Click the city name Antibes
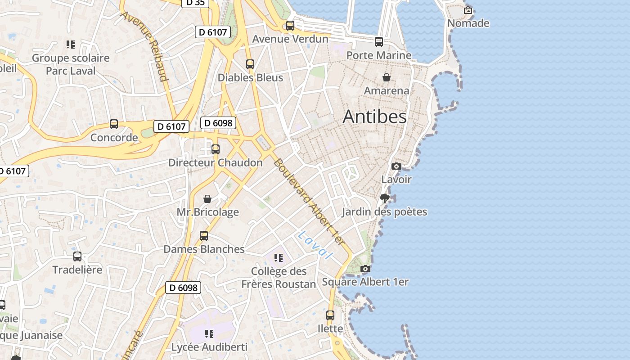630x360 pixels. tap(374, 117)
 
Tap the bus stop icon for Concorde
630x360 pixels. tap(114, 124)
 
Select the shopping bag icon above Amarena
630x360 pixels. tap(386, 77)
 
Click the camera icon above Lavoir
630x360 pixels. tap(396, 166)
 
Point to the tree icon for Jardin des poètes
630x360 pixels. tap(384, 198)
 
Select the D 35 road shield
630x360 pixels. tap(195, 2)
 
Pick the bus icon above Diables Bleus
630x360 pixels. tap(250, 64)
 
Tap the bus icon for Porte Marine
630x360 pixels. tap(379, 42)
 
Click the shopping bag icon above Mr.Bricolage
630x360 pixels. tap(207, 199)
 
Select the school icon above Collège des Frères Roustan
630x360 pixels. tap(279, 258)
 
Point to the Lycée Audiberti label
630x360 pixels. tap(209, 347)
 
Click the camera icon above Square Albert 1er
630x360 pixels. tap(365, 269)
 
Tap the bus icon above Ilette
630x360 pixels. tap(330, 315)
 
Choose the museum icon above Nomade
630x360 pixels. tap(468, 10)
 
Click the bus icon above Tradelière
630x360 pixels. tap(77, 256)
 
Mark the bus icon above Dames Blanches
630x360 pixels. tap(204, 236)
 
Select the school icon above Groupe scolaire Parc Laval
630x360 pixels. tap(71, 45)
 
